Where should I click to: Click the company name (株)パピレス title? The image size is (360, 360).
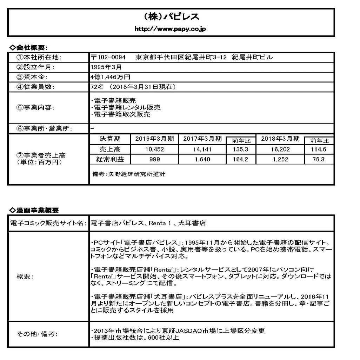coord(171,17)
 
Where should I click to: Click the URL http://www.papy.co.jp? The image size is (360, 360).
coord(171,29)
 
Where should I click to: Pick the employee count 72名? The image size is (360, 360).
coord(95,87)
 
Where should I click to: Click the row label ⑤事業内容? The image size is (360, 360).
coord(35,108)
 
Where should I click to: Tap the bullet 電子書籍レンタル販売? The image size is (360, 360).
coord(125,107)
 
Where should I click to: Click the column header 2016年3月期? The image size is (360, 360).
coord(154,139)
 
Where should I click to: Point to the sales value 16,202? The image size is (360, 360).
coord(280,149)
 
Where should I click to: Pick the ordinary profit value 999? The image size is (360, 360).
coord(154,159)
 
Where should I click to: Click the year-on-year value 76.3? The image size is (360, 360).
coord(319,159)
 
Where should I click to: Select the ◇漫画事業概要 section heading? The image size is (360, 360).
coord(34,210)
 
